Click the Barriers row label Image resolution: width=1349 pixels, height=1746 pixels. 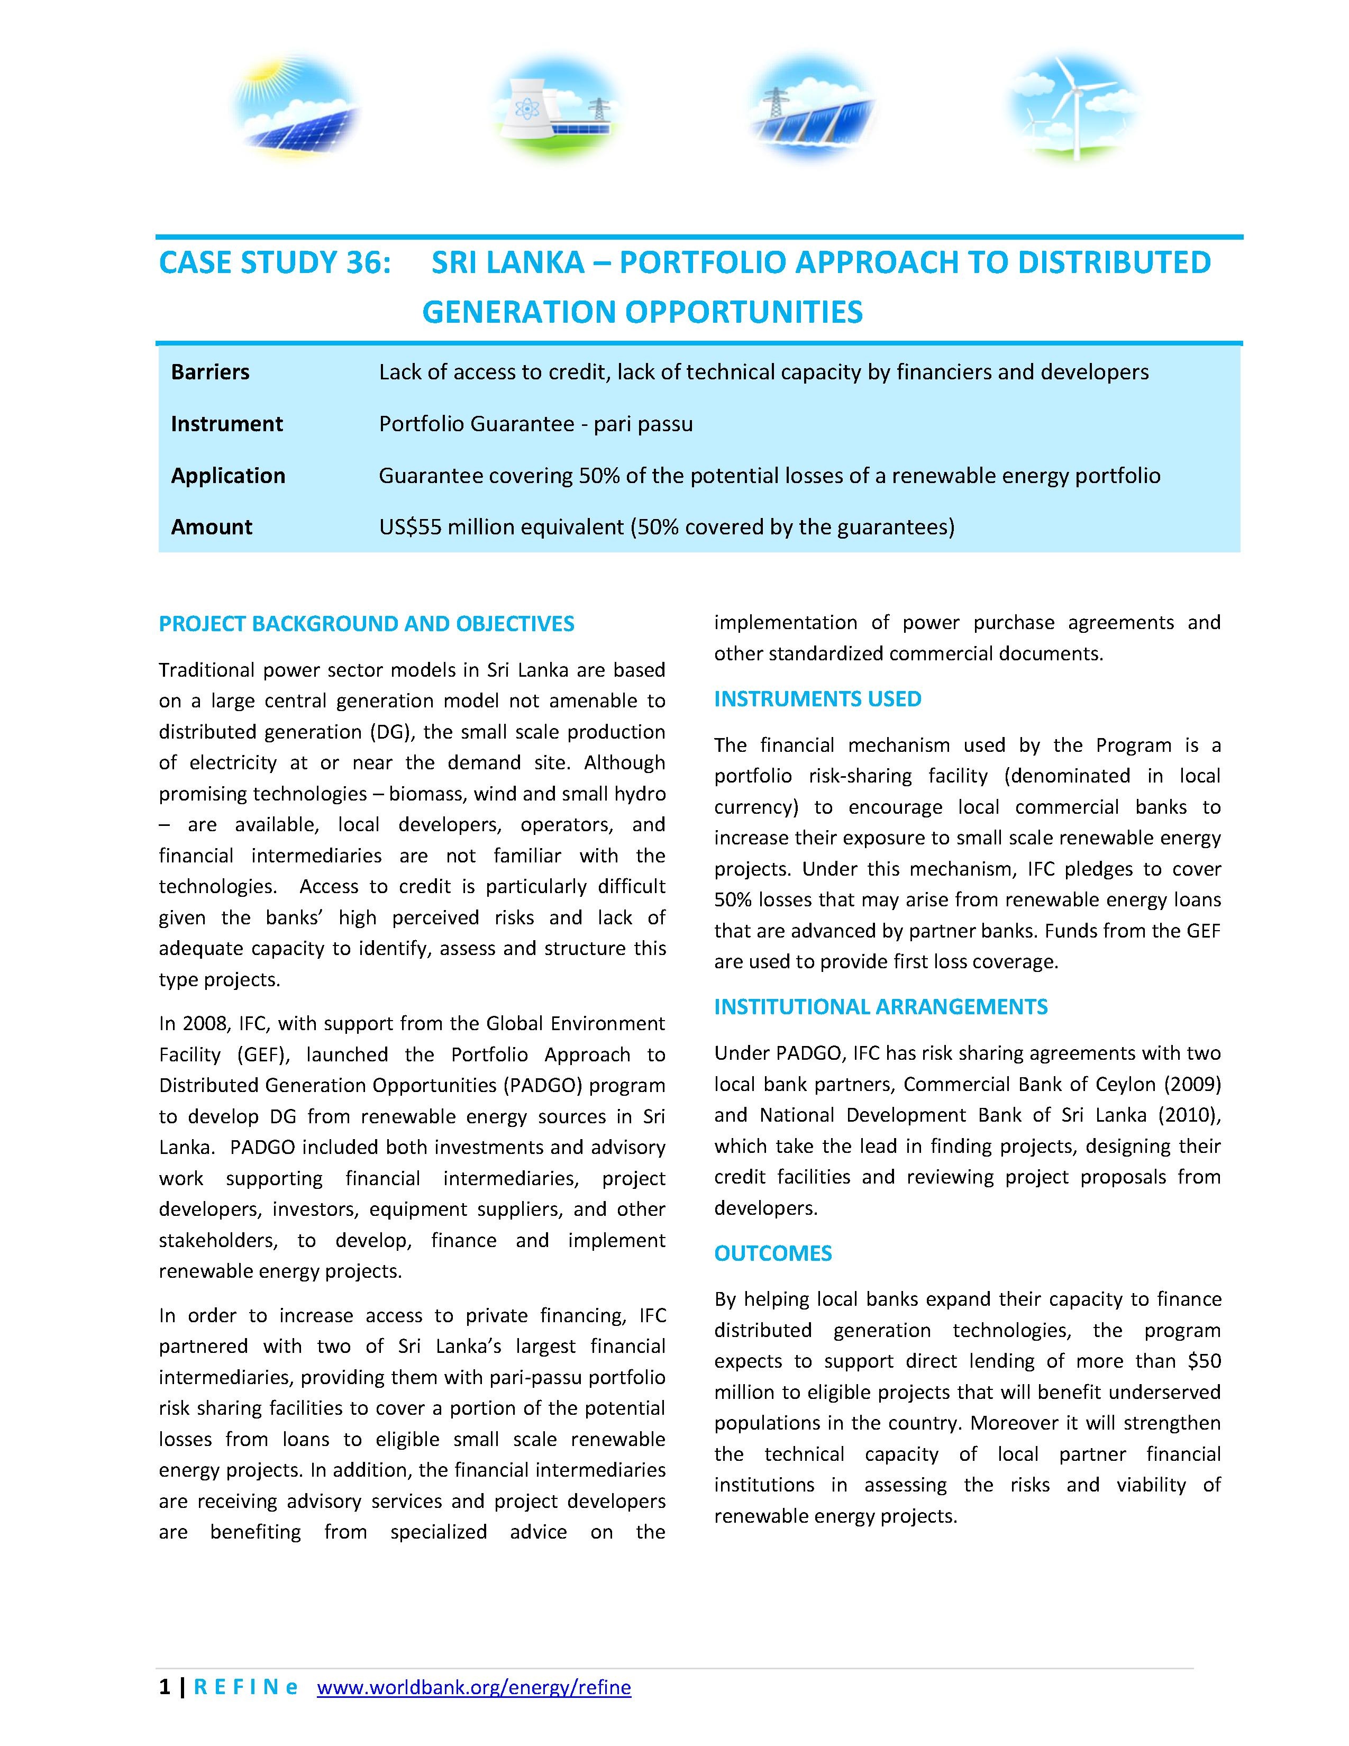tap(210, 372)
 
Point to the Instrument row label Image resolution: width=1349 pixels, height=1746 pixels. tap(227, 424)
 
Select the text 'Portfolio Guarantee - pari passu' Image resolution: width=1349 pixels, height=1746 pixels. tap(535, 424)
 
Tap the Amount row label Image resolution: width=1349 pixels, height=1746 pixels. tap(212, 527)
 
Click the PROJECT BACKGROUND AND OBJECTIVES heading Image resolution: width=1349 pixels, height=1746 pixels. tap(366, 624)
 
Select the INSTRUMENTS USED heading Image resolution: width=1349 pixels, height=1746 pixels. tap(817, 699)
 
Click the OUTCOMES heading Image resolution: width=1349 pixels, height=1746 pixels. tap(773, 1253)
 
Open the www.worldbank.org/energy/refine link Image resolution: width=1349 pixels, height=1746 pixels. tap(474, 1688)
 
